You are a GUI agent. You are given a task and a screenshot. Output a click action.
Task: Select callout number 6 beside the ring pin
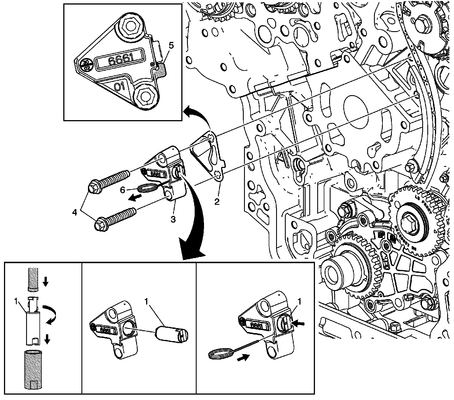(x=123, y=190)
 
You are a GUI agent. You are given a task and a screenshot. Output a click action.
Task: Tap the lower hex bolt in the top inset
(x=145, y=95)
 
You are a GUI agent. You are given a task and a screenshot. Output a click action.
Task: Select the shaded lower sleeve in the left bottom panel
(x=32, y=366)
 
